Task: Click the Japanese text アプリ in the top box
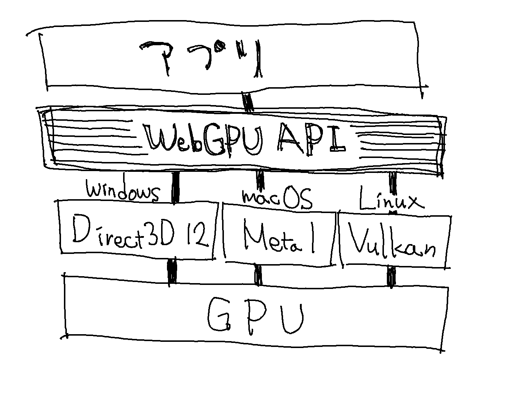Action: [201, 58]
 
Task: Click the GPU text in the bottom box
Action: [256, 316]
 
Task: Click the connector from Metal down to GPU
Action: [258, 275]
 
